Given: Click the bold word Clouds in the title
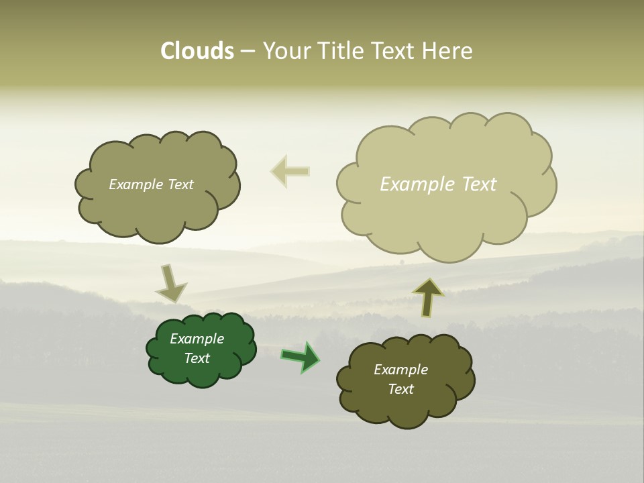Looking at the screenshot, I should point(197,51).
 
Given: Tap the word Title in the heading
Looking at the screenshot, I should point(342,51).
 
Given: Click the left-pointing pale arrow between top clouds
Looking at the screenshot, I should point(290,171).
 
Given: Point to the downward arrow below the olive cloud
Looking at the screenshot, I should point(170,284).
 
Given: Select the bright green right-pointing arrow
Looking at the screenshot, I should point(301,357).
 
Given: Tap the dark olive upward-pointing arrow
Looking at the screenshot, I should point(428,297).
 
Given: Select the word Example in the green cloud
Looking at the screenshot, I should point(197,339).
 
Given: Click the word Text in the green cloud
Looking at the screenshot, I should point(197,358).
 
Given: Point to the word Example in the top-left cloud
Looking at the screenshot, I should point(134,184).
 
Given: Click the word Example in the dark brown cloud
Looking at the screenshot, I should point(400,370).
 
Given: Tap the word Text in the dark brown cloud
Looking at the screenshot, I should point(400,389).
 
